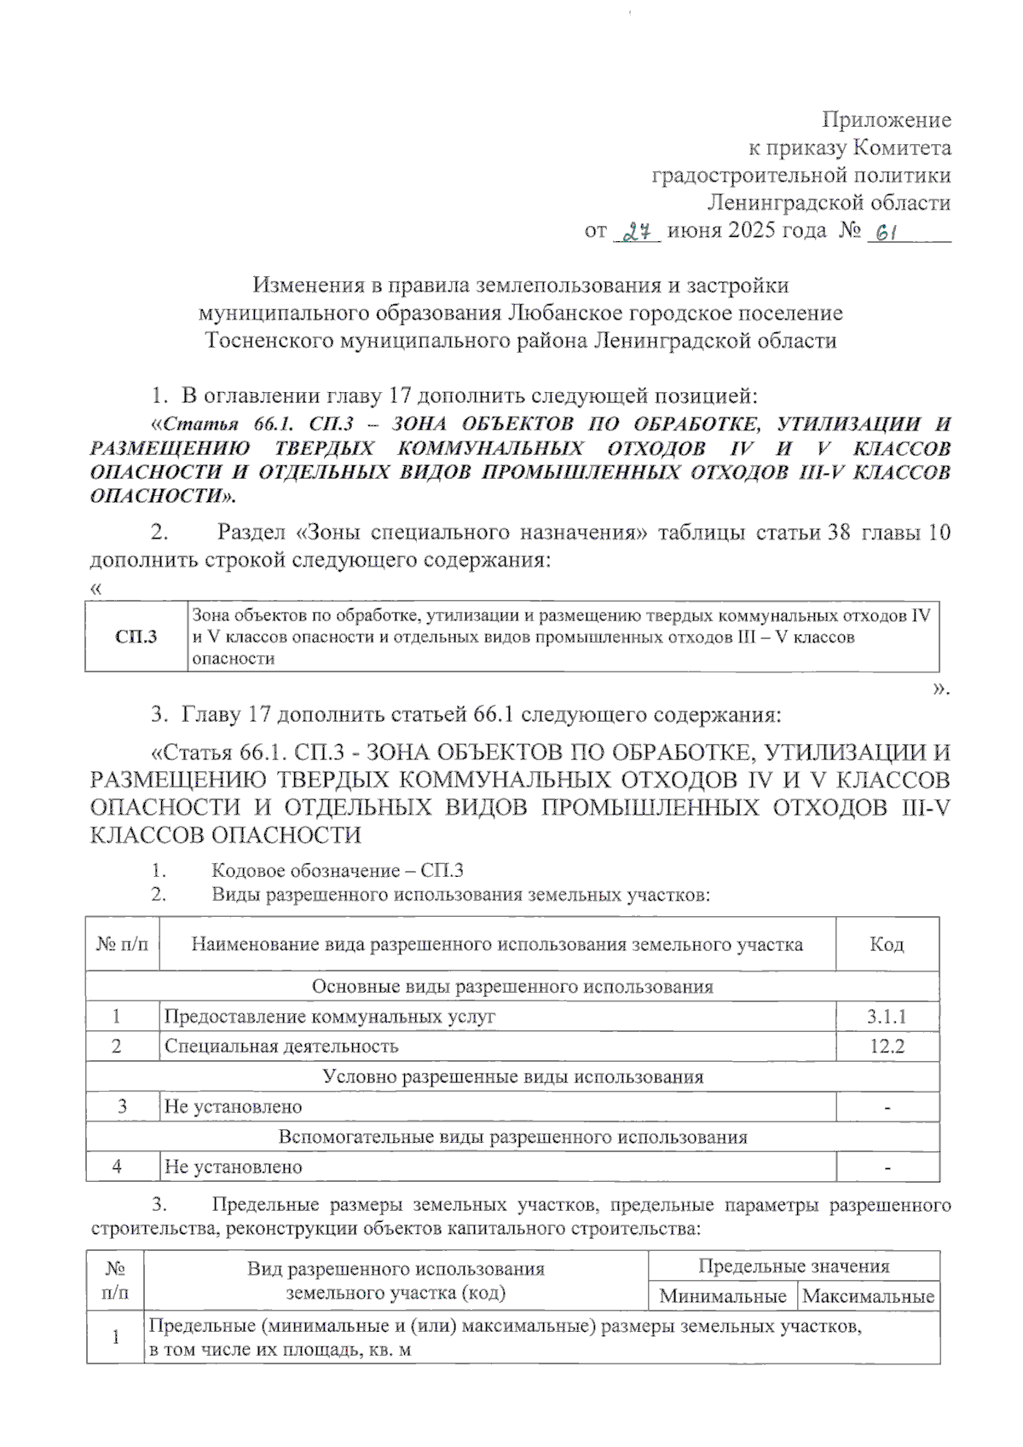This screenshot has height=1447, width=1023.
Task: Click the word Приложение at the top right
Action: (x=887, y=120)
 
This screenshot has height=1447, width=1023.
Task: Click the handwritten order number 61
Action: (x=884, y=232)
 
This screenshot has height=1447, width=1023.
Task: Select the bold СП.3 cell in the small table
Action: (x=136, y=637)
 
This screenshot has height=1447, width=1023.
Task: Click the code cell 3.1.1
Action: (x=887, y=1017)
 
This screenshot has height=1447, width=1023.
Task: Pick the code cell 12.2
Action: (x=887, y=1046)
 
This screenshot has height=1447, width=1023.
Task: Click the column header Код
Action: (x=887, y=944)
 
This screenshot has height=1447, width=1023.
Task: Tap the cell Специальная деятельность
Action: (x=281, y=1046)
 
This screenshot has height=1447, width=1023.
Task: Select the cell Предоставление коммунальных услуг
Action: (x=329, y=1017)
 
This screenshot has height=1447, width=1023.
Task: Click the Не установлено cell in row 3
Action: (x=233, y=1107)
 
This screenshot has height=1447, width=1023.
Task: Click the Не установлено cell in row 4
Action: (x=233, y=1167)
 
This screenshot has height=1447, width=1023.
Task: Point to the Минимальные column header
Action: (x=723, y=1297)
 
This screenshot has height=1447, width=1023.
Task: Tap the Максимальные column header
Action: (x=869, y=1297)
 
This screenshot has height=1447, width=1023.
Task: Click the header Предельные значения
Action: (x=794, y=1266)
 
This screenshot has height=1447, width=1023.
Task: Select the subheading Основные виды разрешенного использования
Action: (x=512, y=987)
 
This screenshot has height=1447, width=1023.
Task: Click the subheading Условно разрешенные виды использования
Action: (x=512, y=1076)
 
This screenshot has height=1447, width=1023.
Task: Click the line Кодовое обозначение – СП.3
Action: (x=337, y=871)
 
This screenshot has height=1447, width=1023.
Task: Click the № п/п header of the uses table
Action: (x=122, y=944)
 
